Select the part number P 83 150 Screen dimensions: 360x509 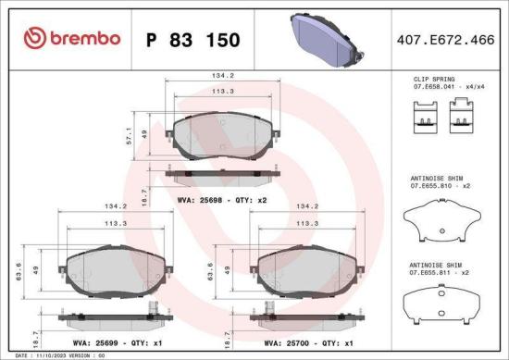[x=193, y=40]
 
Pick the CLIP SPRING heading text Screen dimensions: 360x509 [x=433, y=80]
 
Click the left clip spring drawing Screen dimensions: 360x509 [x=422, y=117]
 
